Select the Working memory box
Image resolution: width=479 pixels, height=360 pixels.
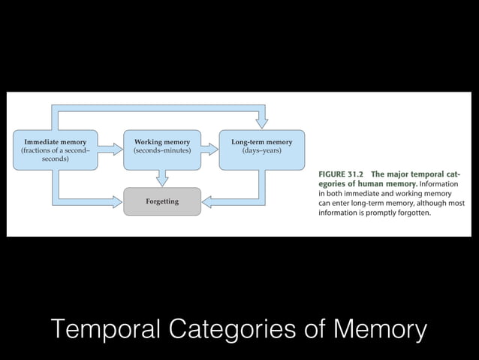(161, 150)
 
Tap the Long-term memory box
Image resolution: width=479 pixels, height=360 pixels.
(261, 150)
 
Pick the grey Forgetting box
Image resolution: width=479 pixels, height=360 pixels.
(161, 201)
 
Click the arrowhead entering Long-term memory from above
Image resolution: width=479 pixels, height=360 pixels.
(261, 123)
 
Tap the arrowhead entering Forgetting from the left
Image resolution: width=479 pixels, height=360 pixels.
(116, 201)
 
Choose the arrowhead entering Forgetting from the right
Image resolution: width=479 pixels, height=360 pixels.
(208, 201)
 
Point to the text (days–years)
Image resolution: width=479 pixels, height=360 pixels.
(261, 151)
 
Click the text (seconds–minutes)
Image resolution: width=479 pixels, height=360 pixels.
(161, 151)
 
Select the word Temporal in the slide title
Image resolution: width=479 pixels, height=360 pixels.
(106, 329)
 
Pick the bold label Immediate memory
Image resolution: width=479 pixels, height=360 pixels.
(55, 141)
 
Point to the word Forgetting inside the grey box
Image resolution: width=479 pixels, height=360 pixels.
(161, 201)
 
